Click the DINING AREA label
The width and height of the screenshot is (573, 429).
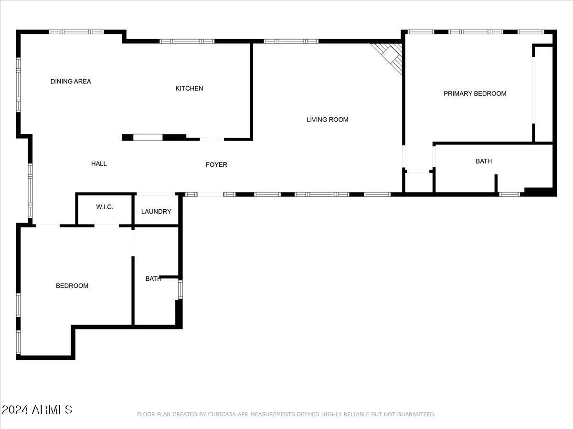click(x=71, y=82)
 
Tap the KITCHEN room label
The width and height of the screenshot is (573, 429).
click(x=189, y=88)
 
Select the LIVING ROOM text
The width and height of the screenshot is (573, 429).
click(x=327, y=120)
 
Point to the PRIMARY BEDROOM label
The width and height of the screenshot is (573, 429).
click(x=475, y=93)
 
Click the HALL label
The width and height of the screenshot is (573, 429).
click(x=99, y=163)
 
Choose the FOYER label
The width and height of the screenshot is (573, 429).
click(x=216, y=164)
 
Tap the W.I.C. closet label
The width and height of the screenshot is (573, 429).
click(x=105, y=207)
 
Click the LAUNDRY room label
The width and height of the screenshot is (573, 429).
click(x=156, y=211)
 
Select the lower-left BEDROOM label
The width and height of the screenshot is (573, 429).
click(x=72, y=286)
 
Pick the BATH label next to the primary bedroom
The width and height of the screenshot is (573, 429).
click(x=483, y=161)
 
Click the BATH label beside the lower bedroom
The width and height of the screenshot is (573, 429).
click(x=153, y=278)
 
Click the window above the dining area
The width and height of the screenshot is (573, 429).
click(x=76, y=32)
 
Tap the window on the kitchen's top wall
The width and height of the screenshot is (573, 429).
click(x=187, y=41)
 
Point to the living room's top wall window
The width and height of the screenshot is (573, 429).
click(x=291, y=41)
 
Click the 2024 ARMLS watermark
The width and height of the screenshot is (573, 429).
click(x=37, y=409)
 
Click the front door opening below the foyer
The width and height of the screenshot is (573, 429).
click(x=210, y=194)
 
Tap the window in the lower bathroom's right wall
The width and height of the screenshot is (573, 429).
click(x=180, y=289)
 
